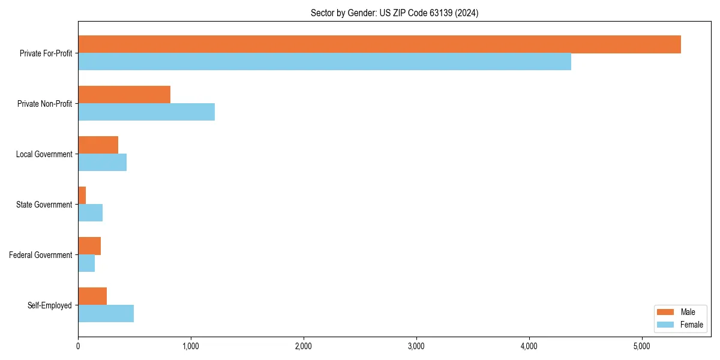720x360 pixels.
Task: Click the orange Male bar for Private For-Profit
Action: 379,44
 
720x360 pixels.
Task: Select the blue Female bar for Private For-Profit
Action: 325,62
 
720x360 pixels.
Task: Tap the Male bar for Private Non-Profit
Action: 124,95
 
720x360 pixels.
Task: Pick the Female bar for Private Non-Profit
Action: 146,112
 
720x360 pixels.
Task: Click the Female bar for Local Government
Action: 102,163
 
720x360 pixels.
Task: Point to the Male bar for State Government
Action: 82,196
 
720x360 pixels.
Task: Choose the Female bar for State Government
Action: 90,213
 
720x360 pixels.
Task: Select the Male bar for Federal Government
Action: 89,246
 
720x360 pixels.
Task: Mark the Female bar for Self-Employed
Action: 106,314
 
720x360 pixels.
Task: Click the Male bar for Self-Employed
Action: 92,296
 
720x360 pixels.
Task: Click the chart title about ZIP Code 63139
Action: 394,13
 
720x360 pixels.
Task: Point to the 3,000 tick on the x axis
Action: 416,346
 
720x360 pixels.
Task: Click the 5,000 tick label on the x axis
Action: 641,346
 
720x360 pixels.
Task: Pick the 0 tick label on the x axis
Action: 78,346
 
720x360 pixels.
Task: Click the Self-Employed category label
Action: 49,305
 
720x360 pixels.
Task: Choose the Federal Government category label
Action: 41,255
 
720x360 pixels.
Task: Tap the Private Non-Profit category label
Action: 44,104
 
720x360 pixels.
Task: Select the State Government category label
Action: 44,205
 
